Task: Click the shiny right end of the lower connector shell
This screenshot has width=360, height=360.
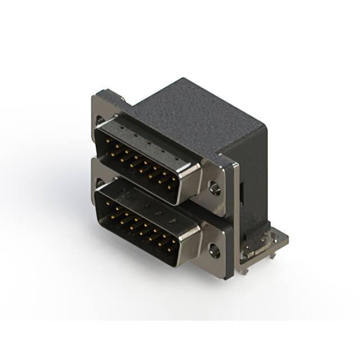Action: click(x=191, y=242)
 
